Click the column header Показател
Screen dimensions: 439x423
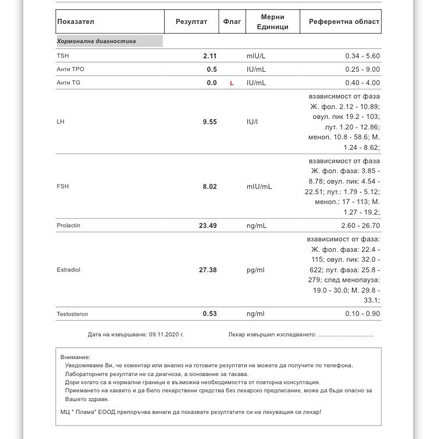coord(76,22)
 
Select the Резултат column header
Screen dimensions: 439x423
coord(191,22)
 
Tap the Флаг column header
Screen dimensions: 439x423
coord(232,22)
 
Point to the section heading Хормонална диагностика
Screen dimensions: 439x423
coord(96,41)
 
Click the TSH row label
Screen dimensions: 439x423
coord(62,56)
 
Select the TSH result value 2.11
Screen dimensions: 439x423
coord(209,56)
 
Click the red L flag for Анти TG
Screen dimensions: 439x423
coord(232,83)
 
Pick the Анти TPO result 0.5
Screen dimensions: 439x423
coord(212,69)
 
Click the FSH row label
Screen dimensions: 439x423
coord(62,187)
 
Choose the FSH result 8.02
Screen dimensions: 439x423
coord(209,187)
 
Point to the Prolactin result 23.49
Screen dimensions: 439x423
coord(208,226)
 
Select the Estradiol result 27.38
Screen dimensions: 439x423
coord(208,271)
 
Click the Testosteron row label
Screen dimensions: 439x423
coord(72,314)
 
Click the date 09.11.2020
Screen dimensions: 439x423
coord(165,335)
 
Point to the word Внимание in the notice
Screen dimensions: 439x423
coord(75,357)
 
